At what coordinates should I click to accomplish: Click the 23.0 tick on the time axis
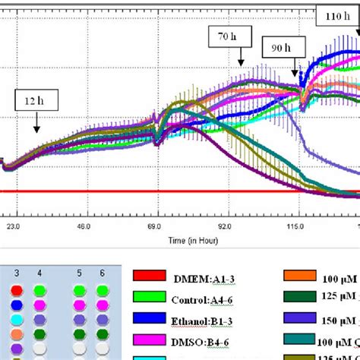pyautogui.click(x=13, y=227)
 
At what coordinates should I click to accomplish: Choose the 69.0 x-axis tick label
pyautogui.click(x=156, y=227)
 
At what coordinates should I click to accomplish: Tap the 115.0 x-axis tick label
pyautogui.click(x=296, y=227)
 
